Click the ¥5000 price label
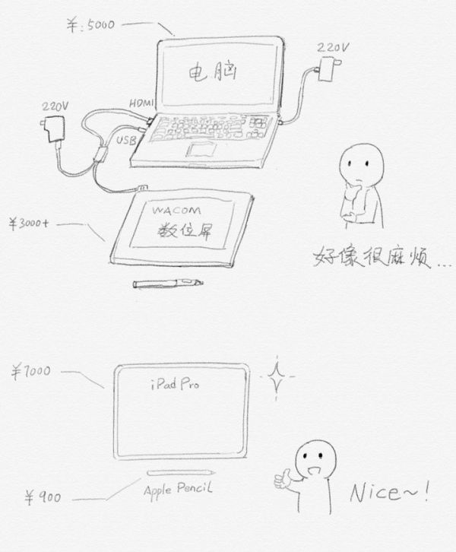coord(90,25)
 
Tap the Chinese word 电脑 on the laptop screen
coord(213,72)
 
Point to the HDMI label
coord(141,103)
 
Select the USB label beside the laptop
coord(126,141)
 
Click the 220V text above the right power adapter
coord(333,48)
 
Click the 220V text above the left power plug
coord(55,106)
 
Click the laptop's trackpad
coord(201,149)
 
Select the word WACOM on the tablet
coord(176,211)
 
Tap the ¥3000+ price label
coord(29,224)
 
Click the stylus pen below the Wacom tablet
coord(168,283)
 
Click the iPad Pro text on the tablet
coord(175,383)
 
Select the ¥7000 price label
coord(31,372)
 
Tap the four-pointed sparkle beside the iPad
coord(277,377)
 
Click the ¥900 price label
coord(43,497)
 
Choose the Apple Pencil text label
coord(179,489)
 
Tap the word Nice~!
coord(389,492)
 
